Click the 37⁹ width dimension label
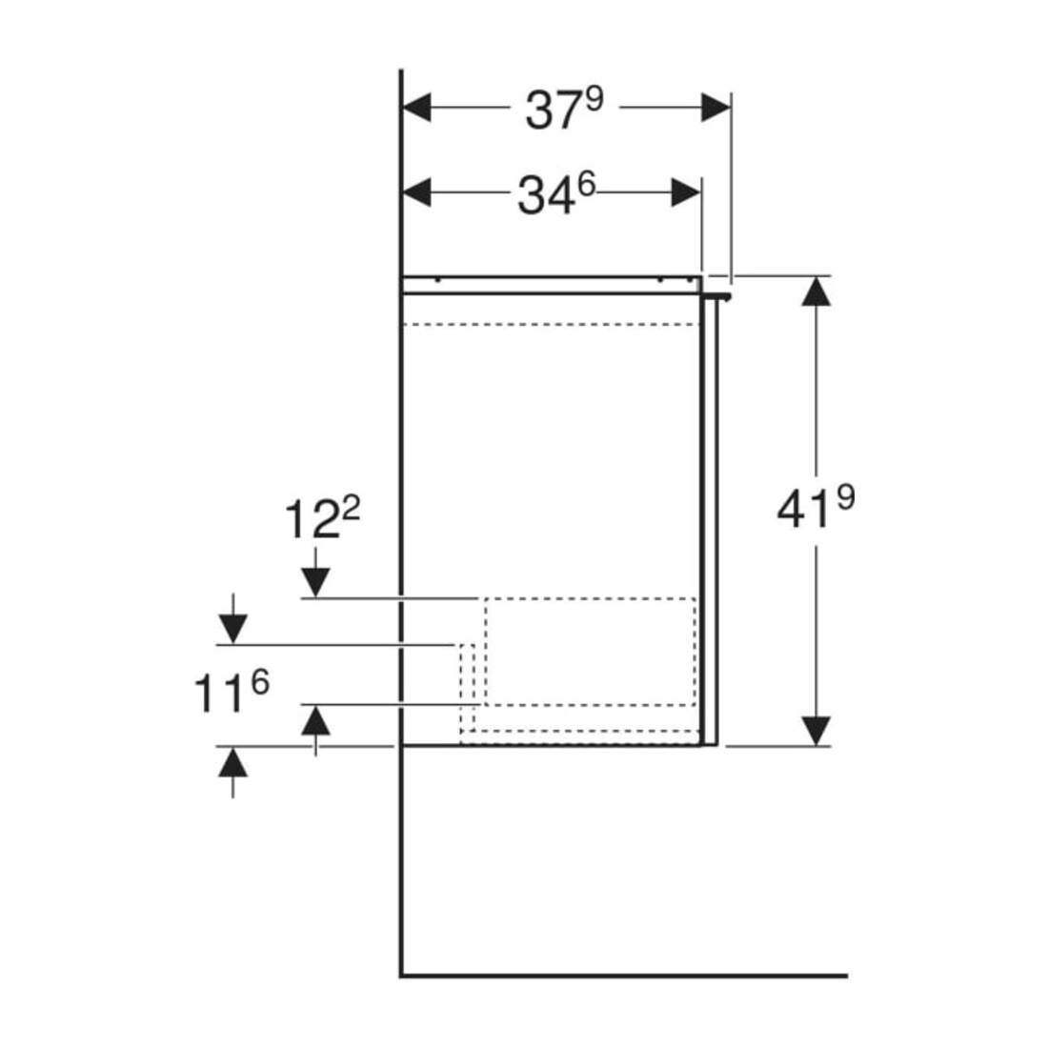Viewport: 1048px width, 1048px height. click(x=564, y=109)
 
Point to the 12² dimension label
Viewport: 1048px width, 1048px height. click(x=322, y=518)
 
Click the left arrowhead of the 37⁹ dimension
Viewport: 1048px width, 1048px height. click(x=416, y=108)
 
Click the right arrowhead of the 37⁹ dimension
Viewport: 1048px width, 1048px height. click(x=715, y=108)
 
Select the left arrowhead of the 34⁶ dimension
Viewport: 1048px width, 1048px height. click(x=416, y=193)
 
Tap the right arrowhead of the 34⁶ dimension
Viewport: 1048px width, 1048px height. click(x=686, y=193)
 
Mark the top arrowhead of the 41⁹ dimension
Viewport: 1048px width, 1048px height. click(x=816, y=292)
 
